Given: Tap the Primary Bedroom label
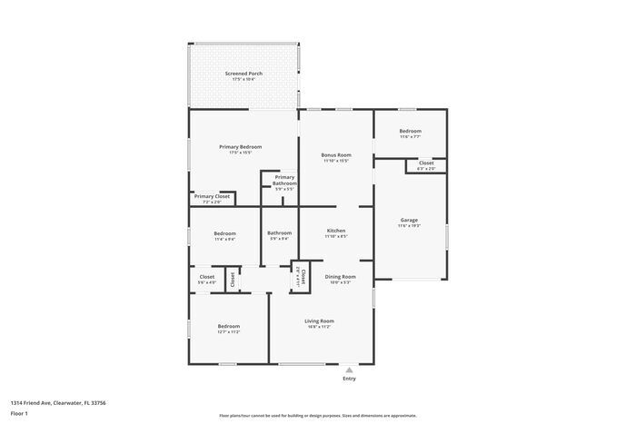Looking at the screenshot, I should (240, 146).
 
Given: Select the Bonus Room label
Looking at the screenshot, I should (336, 155).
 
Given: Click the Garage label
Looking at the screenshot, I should (409, 220).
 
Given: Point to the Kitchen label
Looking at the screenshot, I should (336, 232).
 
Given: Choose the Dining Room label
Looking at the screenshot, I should (341, 276).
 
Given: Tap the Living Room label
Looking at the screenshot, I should (319, 320).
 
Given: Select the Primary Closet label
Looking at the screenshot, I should (211, 196).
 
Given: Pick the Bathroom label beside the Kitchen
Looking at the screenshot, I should (279, 233).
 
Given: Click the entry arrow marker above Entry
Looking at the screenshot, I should (350, 370).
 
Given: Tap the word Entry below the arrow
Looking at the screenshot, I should (350, 379).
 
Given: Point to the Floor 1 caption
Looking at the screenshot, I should (19, 413).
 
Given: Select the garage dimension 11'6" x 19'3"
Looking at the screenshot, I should (409, 225).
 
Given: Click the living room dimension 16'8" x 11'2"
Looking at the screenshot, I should (319, 326).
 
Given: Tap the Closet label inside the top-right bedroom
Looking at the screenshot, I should (426, 163).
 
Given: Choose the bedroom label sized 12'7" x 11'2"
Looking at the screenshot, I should (228, 326).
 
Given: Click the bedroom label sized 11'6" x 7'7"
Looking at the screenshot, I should (410, 132).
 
